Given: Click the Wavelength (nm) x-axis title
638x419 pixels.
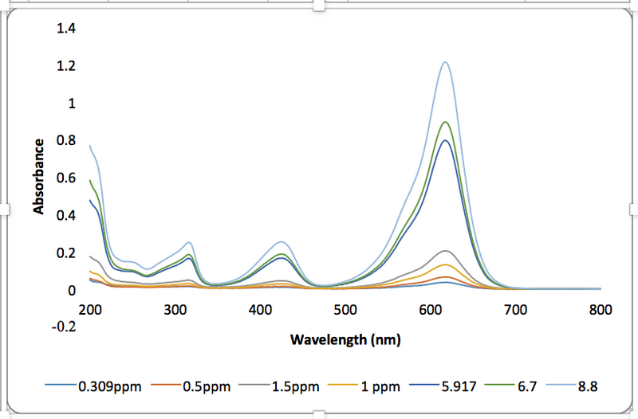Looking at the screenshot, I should [345, 339].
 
